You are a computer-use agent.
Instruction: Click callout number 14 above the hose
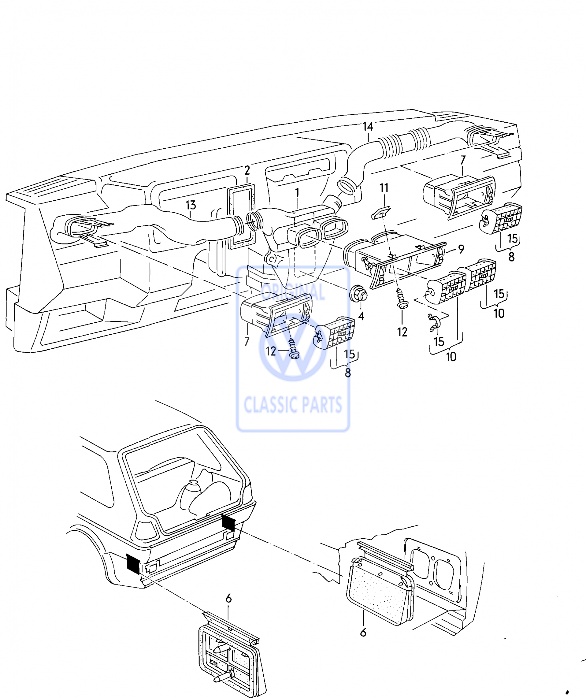click(367, 126)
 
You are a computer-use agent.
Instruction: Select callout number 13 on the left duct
click(191, 205)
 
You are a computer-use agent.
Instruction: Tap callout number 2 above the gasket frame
click(247, 170)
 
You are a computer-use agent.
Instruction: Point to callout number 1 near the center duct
click(297, 193)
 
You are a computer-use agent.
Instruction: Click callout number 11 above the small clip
click(384, 188)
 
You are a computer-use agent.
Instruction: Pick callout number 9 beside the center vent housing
click(461, 249)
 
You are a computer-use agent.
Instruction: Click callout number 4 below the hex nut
click(361, 316)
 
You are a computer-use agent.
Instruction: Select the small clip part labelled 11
click(381, 212)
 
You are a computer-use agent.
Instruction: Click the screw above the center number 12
click(402, 298)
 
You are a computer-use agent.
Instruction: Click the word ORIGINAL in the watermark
click(292, 291)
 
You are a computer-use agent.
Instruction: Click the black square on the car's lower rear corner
click(133, 564)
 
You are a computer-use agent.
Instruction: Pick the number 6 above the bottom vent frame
click(228, 598)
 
